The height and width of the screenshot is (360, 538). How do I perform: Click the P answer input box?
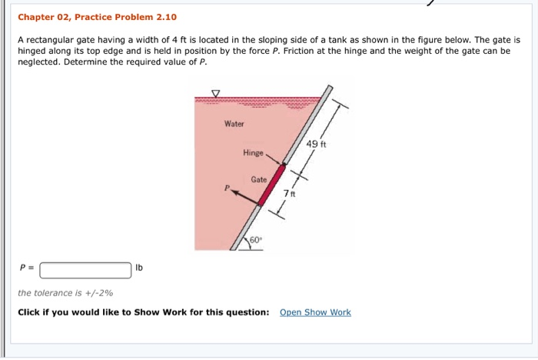85,270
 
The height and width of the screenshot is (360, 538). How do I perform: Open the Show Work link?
315,312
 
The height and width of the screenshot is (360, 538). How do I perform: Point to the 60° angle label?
254,240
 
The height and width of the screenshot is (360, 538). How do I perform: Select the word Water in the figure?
234,124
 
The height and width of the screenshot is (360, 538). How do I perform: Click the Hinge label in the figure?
253,153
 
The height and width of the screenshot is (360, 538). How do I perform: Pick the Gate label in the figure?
258,179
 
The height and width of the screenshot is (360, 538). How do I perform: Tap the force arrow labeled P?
244,197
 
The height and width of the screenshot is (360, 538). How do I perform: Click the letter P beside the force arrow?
227,186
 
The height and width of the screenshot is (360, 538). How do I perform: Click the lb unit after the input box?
139,268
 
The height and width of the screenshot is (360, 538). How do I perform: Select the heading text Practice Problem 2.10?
126,17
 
